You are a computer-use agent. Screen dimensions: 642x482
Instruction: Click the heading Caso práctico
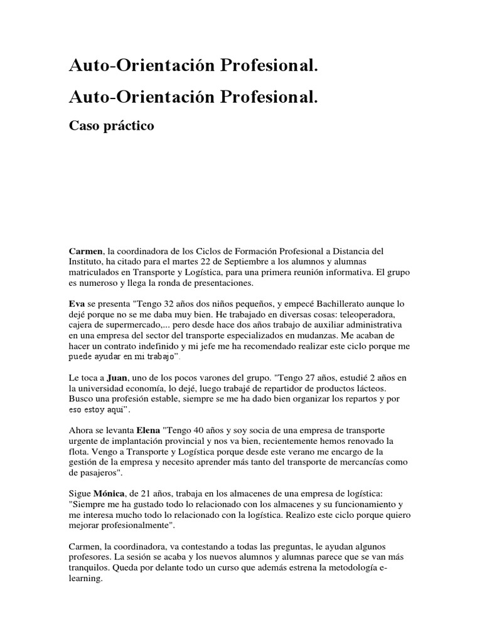point(111,126)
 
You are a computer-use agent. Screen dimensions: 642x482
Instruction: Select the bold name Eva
point(77,302)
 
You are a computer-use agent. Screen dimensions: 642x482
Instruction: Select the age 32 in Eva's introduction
point(169,302)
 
